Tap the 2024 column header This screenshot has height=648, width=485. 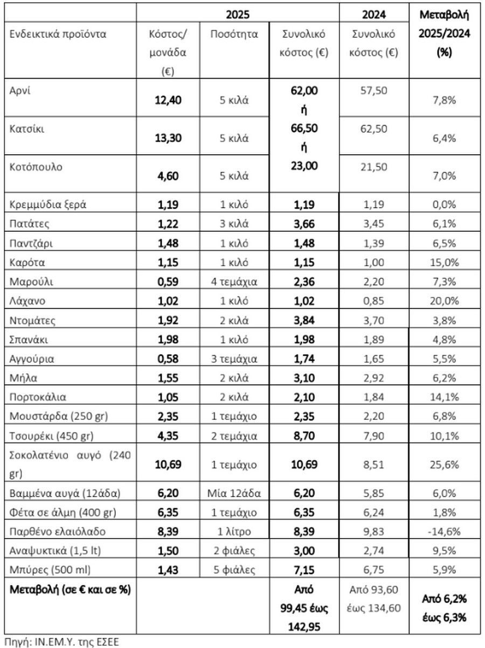click(374, 14)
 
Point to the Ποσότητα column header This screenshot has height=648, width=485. click(234, 35)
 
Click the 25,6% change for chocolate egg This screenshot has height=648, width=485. click(445, 465)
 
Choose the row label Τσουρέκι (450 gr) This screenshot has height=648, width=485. click(48, 436)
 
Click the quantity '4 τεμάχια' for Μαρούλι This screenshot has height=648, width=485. click(234, 281)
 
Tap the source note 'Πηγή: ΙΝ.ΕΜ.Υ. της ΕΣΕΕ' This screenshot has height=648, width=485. click(60, 641)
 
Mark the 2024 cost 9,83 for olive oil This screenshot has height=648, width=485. click(374, 532)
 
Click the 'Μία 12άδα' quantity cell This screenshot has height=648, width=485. click(234, 493)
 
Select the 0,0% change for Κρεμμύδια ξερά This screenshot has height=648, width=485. click(445, 204)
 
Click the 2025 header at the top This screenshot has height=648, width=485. click(238, 14)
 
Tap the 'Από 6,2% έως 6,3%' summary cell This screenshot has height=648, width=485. click(445, 607)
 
